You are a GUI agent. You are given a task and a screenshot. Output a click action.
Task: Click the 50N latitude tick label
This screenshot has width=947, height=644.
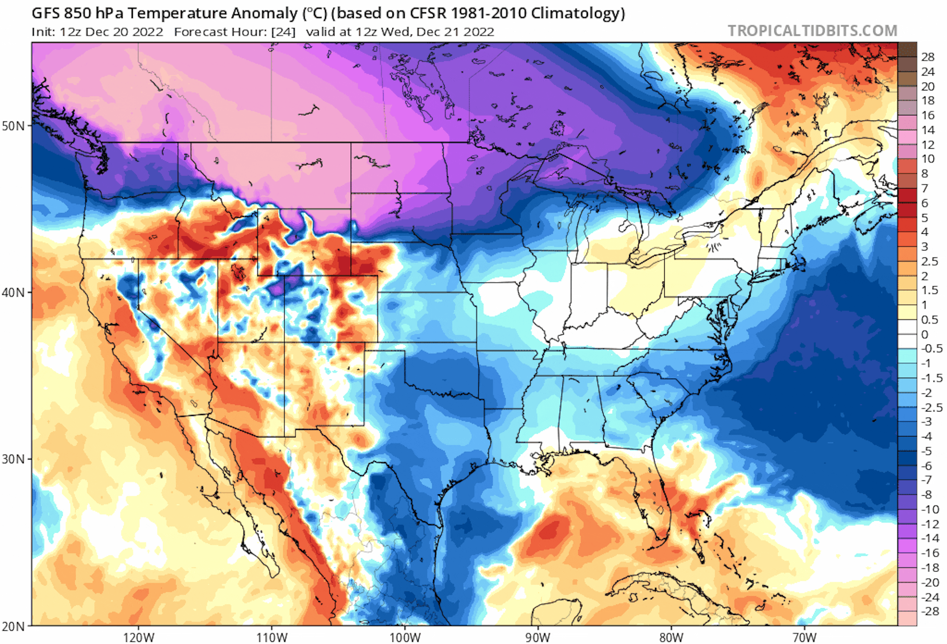point(14,126)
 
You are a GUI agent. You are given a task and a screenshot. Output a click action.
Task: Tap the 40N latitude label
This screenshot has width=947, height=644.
point(14,293)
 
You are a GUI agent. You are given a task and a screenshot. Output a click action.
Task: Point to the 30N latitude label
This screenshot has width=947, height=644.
point(14,459)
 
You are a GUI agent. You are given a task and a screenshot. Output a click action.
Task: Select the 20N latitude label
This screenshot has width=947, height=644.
point(14,626)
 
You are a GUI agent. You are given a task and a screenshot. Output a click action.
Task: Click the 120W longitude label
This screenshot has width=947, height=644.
point(139,637)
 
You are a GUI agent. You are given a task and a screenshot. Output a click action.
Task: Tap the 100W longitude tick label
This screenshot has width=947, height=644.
point(405,637)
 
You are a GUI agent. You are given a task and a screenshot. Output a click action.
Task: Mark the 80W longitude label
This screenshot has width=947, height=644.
point(671,637)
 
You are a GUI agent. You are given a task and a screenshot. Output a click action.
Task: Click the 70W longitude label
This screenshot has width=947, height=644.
point(805,637)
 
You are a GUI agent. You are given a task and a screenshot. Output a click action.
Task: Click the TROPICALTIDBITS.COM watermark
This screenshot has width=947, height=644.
point(812,31)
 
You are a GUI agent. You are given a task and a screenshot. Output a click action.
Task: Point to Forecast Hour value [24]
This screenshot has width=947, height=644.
point(283,32)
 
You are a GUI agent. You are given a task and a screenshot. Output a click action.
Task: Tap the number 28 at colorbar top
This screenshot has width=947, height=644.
point(928,57)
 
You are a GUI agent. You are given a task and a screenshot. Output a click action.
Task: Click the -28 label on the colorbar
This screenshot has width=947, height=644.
point(929,611)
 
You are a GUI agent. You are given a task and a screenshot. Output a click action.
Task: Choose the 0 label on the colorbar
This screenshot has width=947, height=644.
point(925,334)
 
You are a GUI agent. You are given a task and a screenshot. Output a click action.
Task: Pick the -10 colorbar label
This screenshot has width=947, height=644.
point(929,509)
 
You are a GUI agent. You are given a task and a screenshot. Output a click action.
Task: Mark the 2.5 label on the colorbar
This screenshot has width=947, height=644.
point(929,261)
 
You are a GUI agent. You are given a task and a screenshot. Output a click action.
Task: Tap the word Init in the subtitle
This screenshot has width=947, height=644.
point(42,32)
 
